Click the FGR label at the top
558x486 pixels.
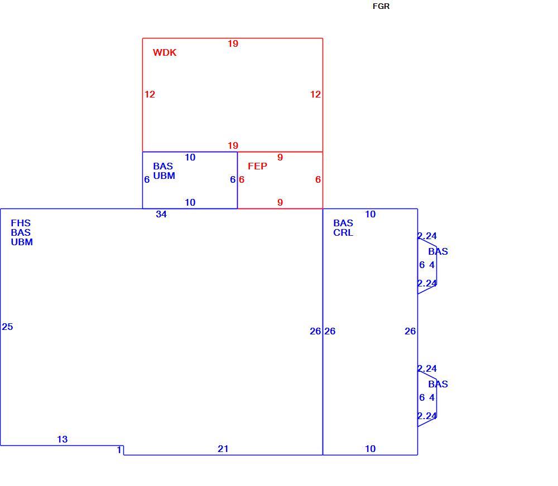[381, 6]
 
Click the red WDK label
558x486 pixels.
[165, 52]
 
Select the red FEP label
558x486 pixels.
[257, 166]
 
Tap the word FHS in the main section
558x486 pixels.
[21, 223]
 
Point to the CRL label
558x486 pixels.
[343, 232]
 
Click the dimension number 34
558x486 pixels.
[161, 214]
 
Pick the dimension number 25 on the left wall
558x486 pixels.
[7, 327]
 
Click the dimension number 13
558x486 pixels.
[62, 439]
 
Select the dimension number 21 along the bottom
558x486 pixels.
[223, 449]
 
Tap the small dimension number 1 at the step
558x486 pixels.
[119, 450]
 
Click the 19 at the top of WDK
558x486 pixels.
[233, 43]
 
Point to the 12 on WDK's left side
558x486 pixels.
[150, 95]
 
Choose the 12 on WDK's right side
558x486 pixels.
[315, 95]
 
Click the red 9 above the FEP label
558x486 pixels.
[280, 157]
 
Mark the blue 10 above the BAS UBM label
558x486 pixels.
[190, 157]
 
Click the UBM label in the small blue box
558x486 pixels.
[164, 176]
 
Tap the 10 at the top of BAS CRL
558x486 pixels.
[370, 214]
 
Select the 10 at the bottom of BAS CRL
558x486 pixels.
[370, 449]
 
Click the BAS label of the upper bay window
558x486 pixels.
[438, 252]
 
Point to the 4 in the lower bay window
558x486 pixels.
[432, 397]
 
